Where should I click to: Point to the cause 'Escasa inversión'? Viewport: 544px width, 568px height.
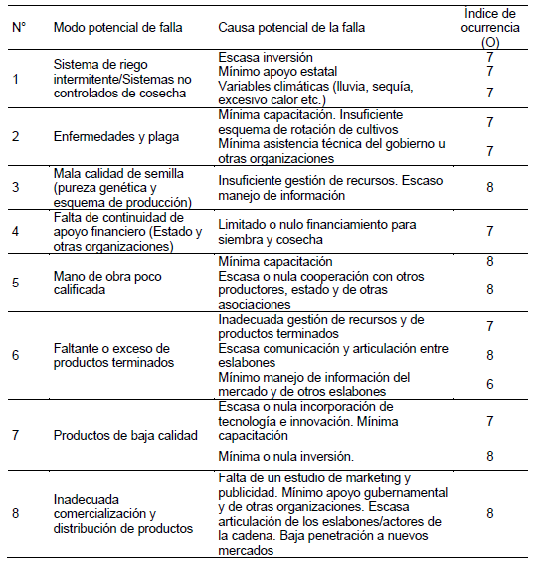pyautogui.click(x=266, y=57)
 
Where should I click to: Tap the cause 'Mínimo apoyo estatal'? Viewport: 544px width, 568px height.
pyautogui.click(x=277, y=71)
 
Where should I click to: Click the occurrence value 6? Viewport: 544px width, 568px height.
pyautogui.click(x=489, y=383)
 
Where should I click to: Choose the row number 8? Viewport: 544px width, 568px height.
pyautogui.click(x=15, y=513)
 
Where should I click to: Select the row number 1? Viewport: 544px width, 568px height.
pyautogui.click(x=15, y=78)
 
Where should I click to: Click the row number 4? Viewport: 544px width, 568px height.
pyautogui.click(x=15, y=231)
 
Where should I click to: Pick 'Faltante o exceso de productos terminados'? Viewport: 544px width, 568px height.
pyautogui.click(x=112, y=355)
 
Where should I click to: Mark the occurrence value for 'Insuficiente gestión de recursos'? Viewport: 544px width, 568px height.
pyautogui.click(x=489, y=185)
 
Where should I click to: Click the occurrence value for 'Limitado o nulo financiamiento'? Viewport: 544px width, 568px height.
pyautogui.click(x=489, y=231)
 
